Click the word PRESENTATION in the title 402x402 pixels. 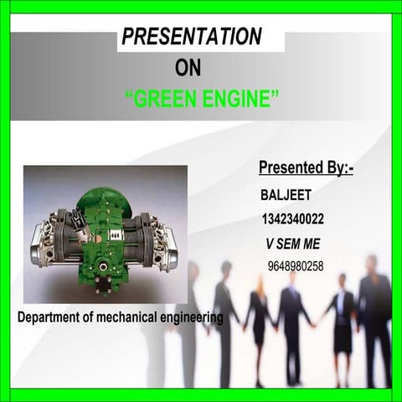pos(192,38)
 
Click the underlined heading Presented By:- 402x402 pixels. pos(306,168)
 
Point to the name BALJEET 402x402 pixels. pos(286,195)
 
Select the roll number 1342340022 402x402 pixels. pos(293,219)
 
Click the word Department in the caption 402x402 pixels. pos(53,318)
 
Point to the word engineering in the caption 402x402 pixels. pos(196,318)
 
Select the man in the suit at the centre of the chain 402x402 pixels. pos(293,318)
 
